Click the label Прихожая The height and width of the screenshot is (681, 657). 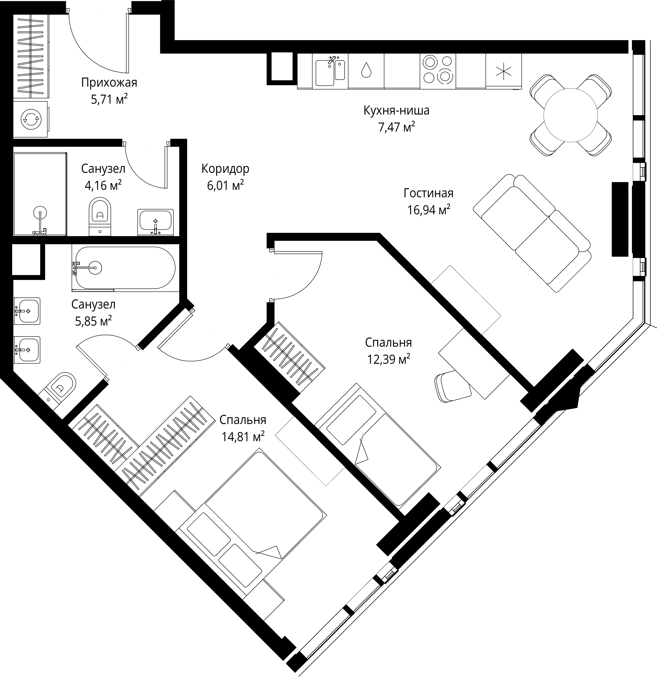tap(109, 83)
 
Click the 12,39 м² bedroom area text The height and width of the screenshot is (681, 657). tap(389, 359)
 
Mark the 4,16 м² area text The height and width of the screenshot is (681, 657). tap(103, 185)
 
